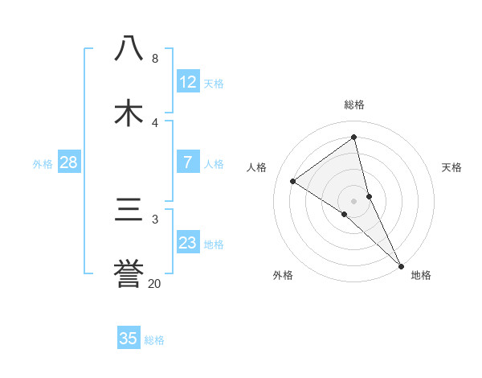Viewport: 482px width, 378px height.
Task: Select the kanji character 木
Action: pyautogui.click(x=129, y=113)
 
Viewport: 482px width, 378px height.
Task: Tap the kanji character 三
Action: pyautogui.click(x=129, y=210)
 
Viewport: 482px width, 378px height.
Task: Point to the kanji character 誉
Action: pyautogui.click(x=129, y=274)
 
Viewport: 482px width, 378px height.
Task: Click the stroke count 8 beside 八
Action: pyautogui.click(x=155, y=59)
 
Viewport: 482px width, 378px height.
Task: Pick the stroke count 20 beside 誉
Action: pyautogui.click(x=155, y=283)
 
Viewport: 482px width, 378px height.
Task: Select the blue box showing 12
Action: pyautogui.click(x=188, y=82)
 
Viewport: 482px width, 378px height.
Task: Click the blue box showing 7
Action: pyautogui.click(x=188, y=162)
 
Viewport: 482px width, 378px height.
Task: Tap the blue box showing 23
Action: pyautogui.click(x=188, y=243)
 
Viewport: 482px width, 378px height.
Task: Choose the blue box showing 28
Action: pyautogui.click(x=69, y=162)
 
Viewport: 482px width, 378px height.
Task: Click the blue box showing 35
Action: pyautogui.click(x=129, y=339)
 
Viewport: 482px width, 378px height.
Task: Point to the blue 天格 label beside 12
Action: pyautogui.click(x=214, y=83)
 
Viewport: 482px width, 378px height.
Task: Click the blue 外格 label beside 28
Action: pyautogui.click(x=43, y=163)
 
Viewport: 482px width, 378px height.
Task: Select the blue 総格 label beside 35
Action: pyautogui.click(x=154, y=339)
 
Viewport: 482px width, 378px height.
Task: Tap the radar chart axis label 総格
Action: pyautogui.click(x=354, y=105)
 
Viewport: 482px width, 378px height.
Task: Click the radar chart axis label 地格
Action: pyautogui.click(x=421, y=275)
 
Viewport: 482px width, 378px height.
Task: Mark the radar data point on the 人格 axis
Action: pyautogui.click(x=293, y=181)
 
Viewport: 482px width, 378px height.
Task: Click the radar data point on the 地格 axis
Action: pyautogui.click(x=401, y=265)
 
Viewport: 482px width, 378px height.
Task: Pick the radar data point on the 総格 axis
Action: pyautogui.click(x=354, y=138)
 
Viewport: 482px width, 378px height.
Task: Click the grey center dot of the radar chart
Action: pyautogui.click(x=354, y=200)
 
